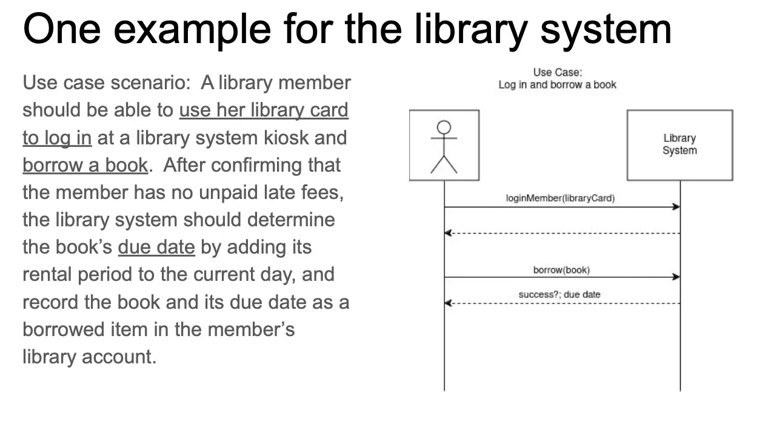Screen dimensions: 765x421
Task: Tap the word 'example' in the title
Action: pyautogui.click(x=192, y=30)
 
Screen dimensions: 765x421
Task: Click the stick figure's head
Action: pyautogui.click(x=444, y=127)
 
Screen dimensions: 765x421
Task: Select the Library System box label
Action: pyautogui.click(x=680, y=144)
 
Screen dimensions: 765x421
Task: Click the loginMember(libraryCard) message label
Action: pyautogui.click(x=560, y=198)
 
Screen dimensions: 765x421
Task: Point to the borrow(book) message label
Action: pyautogui.click(x=561, y=270)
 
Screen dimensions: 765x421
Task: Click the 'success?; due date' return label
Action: pyautogui.click(x=560, y=294)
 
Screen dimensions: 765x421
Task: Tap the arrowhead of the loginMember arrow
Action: pyautogui.click(x=676, y=207)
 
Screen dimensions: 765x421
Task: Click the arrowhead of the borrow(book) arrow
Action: pyautogui.click(x=676, y=277)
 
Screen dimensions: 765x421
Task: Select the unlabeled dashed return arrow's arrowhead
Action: pyautogui.click(x=448, y=233)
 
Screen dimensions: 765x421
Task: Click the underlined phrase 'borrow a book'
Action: pyautogui.click(x=85, y=165)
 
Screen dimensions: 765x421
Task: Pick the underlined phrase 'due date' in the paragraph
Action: pyautogui.click(x=156, y=247)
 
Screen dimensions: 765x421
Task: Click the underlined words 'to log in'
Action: pyautogui.click(x=57, y=138)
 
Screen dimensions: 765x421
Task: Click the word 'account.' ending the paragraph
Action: pyautogui.click(x=119, y=357)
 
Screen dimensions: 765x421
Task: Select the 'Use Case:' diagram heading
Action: pyautogui.click(x=557, y=72)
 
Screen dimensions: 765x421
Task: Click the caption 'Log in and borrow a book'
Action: pyautogui.click(x=557, y=85)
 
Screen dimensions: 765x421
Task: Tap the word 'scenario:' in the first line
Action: pyautogui.click(x=150, y=83)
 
